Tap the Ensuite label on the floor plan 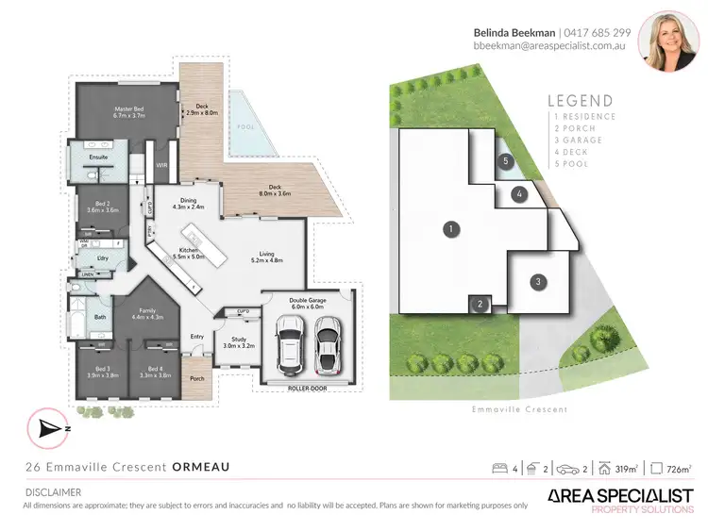click(x=98, y=157)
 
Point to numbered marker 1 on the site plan click(x=452, y=228)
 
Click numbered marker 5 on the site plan click(x=506, y=162)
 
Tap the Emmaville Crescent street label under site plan click(x=510, y=409)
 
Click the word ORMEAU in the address click(x=201, y=467)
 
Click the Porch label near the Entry click(x=197, y=379)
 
